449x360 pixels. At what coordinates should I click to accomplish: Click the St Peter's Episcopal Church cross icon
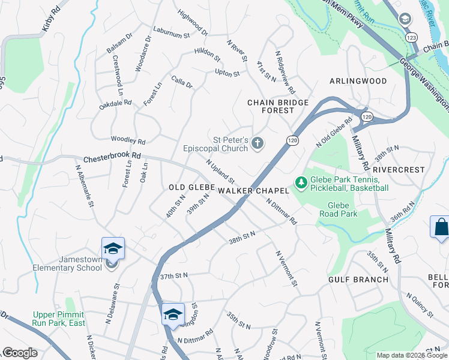tap(258, 143)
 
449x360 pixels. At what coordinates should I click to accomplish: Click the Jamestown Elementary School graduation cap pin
tap(113, 248)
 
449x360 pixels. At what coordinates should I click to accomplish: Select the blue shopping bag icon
tap(440, 228)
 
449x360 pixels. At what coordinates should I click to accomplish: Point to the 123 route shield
tap(412, 37)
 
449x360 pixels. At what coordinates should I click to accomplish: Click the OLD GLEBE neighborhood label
tap(191, 188)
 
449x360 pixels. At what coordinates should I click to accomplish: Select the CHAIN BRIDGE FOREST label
tap(278, 106)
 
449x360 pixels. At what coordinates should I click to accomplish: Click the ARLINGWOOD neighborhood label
tap(358, 81)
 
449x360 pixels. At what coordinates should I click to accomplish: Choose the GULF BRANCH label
tap(350, 280)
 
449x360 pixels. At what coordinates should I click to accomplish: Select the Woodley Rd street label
tap(128, 141)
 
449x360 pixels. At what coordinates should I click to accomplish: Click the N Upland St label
tap(220, 172)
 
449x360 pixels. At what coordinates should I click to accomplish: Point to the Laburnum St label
tap(171, 35)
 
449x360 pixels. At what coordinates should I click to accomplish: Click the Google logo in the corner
tap(20, 353)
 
